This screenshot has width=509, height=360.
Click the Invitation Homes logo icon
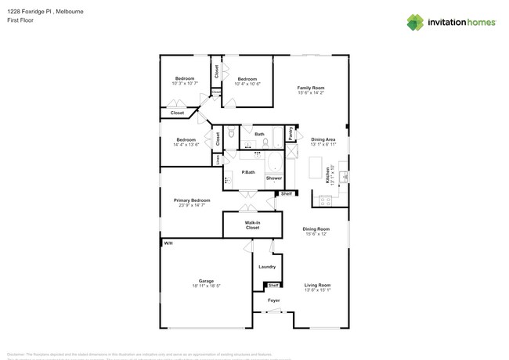[x=416, y=22]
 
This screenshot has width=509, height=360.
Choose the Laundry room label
[x=267, y=267]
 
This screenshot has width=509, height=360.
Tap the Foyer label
[x=273, y=300]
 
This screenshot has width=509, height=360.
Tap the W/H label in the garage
[x=168, y=243]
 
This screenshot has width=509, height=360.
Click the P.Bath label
[x=247, y=171]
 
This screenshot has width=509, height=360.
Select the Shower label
[x=273, y=178]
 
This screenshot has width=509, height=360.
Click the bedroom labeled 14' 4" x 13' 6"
[x=185, y=142]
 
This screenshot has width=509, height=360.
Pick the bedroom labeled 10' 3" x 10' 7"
[x=185, y=80]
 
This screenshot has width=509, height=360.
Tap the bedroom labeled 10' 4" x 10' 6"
[x=247, y=80]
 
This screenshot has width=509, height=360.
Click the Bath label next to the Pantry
[x=259, y=134]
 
